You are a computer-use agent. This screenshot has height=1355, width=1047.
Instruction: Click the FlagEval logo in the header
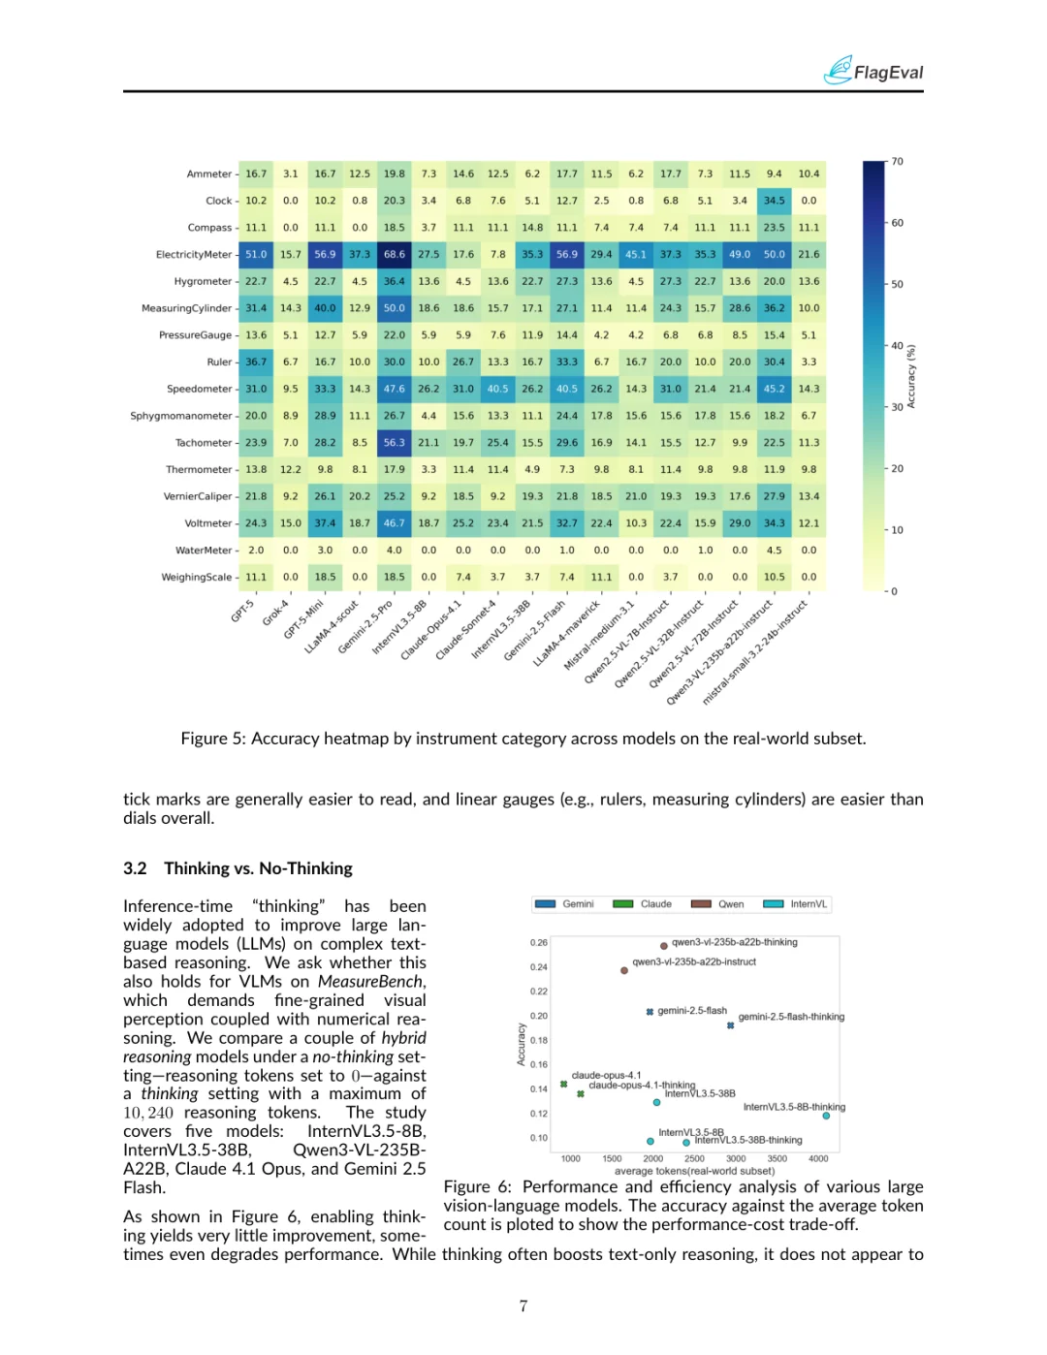click(872, 71)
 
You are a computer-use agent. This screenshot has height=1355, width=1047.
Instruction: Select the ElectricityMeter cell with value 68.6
click(395, 255)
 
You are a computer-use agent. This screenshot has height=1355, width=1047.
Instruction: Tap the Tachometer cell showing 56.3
click(395, 443)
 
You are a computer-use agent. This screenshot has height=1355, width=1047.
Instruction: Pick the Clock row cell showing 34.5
click(774, 201)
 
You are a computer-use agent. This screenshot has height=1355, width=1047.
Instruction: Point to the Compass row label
click(209, 228)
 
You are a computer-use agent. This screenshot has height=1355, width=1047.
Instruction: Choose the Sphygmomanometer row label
click(181, 416)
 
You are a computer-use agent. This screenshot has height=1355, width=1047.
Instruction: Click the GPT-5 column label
click(243, 611)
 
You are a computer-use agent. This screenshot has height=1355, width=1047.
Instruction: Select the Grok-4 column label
click(276, 613)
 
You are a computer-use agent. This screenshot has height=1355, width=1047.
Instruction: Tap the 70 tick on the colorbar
click(898, 162)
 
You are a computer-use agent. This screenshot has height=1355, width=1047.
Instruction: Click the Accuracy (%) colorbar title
click(911, 376)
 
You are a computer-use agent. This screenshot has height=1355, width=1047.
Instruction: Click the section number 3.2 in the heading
click(135, 868)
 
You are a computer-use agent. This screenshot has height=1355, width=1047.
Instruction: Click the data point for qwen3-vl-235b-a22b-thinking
click(664, 946)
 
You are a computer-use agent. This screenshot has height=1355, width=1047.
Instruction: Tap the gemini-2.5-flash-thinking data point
click(730, 1025)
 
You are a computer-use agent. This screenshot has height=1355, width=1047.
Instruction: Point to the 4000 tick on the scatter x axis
click(818, 1158)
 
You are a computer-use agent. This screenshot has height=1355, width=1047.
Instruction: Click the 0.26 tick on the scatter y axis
click(539, 942)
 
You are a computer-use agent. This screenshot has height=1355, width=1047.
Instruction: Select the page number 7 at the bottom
click(523, 1306)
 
